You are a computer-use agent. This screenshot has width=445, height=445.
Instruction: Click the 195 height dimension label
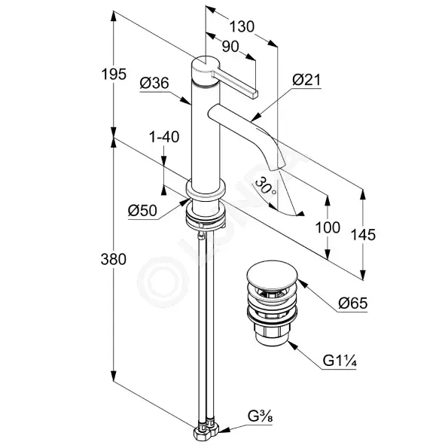coord(114,75)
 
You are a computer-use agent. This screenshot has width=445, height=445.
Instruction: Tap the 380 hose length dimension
coord(114,259)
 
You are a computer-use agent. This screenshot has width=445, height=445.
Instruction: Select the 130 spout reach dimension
coord(242,27)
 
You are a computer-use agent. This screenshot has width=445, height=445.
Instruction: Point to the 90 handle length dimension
coord(230,47)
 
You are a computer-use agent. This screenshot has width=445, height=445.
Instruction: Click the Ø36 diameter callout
coord(154,83)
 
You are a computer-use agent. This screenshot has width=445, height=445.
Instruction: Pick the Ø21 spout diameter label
coord(306,80)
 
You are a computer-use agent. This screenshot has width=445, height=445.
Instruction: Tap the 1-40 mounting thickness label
coord(164,137)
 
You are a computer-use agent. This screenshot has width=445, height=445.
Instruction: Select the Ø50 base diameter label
coord(142,211)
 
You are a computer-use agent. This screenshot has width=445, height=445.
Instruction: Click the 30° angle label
coord(265,186)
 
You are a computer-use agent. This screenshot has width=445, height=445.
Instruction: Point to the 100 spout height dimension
coord(328,227)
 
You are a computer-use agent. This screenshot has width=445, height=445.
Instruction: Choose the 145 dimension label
coord(363,235)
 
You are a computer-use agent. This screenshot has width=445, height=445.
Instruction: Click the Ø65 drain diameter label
coord(353,303)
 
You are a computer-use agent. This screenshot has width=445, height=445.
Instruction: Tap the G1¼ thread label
coord(340,361)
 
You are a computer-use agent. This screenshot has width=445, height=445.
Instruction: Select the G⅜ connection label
coord(260,416)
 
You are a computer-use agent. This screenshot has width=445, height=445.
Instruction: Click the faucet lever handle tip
coord(254,94)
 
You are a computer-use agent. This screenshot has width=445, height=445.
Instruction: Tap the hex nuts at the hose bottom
coord(206,432)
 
